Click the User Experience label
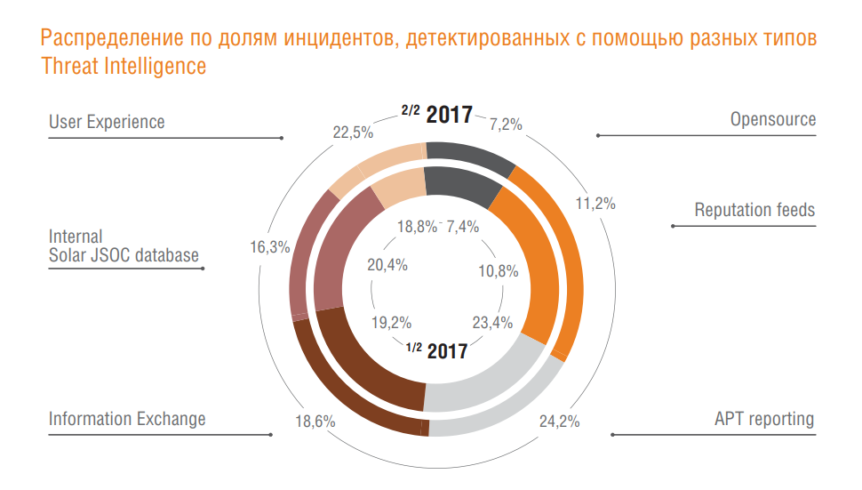tap(107, 122)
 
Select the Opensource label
tap(772, 119)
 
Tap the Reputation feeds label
tap(754, 211)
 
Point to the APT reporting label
tap(764, 419)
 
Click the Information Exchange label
tap(127, 419)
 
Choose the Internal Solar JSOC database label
tap(124, 246)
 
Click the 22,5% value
tap(353, 133)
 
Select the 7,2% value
tap(506, 125)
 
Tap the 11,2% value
tap(595, 203)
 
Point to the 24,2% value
tap(560, 422)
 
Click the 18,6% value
tap(315, 422)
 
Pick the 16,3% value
tap(269, 247)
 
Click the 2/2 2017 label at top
tap(436, 114)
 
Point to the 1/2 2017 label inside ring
tap(436, 350)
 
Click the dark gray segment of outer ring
tap(470, 155)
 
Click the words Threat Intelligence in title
tap(124, 66)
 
